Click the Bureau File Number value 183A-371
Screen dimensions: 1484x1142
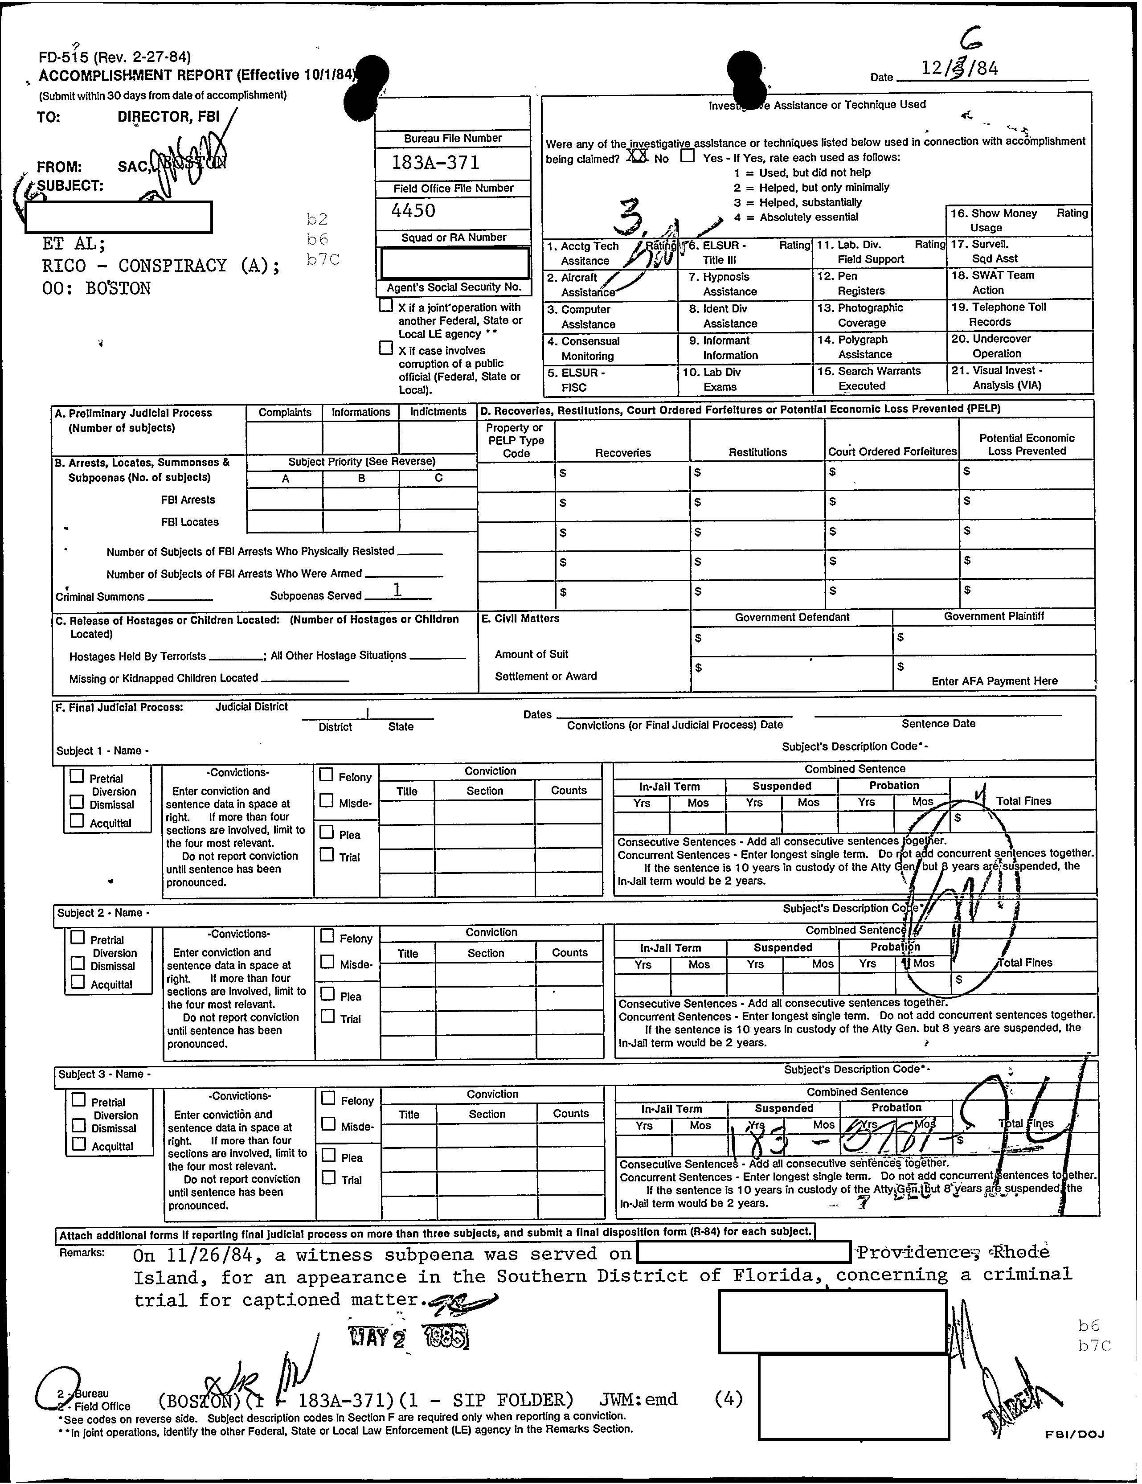tap(435, 162)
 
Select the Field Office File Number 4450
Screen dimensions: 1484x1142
tap(414, 211)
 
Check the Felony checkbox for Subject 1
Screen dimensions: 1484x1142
tap(326, 775)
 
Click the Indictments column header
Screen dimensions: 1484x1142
tap(438, 412)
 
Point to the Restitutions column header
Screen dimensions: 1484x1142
tap(757, 452)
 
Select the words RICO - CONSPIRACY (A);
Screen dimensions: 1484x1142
tap(161, 266)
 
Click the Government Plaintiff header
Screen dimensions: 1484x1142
tap(993, 616)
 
